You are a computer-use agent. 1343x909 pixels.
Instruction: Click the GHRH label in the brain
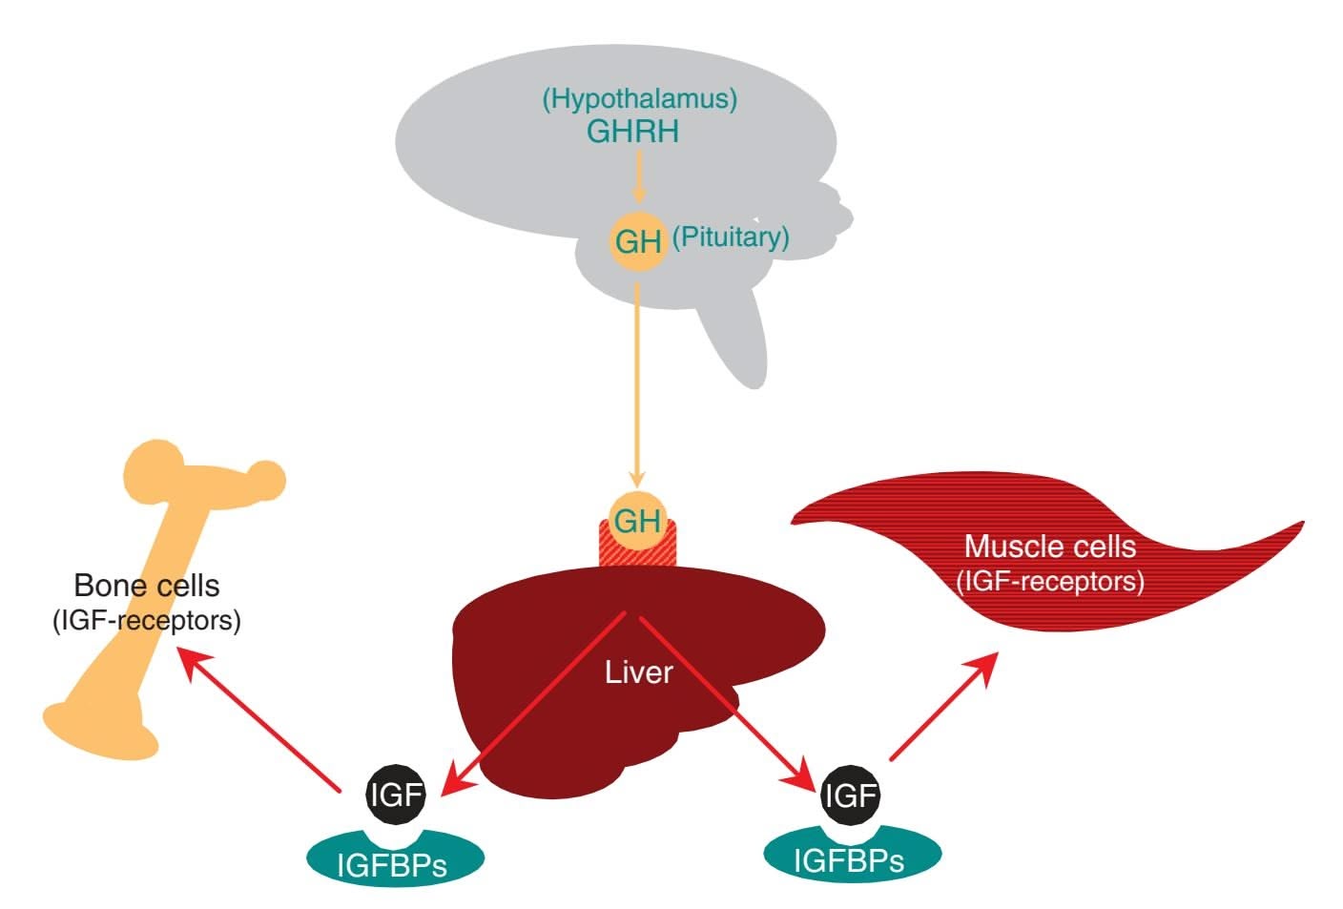pyautogui.click(x=633, y=132)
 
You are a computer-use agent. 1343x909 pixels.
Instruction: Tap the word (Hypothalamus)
pyautogui.click(x=640, y=98)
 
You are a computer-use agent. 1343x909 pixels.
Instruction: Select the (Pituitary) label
pyautogui.click(x=731, y=237)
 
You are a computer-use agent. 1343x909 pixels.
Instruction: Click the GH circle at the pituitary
pyautogui.click(x=637, y=241)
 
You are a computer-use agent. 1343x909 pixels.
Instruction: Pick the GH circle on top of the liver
pyautogui.click(x=637, y=521)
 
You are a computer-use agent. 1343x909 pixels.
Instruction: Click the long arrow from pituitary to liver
pyautogui.click(x=638, y=382)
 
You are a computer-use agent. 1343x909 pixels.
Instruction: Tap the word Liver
pyautogui.click(x=639, y=672)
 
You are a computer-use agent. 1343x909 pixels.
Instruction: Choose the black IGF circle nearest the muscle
pyautogui.click(x=850, y=794)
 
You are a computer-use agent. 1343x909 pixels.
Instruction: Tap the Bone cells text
pyautogui.click(x=147, y=585)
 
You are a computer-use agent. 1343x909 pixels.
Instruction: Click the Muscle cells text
pyautogui.click(x=1050, y=547)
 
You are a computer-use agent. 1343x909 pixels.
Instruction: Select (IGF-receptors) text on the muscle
pyautogui.click(x=1050, y=581)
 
